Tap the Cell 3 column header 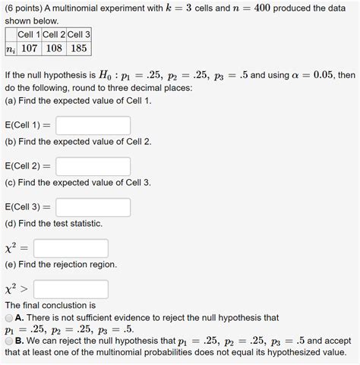pyautogui.click(x=78, y=33)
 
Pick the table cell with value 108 pyautogui.click(x=53, y=48)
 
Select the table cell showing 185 pyautogui.click(x=78, y=48)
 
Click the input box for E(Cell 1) pyautogui.click(x=93, y=125)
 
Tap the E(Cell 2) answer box pyautogui.click(x=93, y=166)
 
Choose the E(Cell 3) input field pyautogui.click(x=93, y=207)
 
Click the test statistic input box pyautogui.click(x=71, y=248)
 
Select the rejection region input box pyautogui.click(x=71, y=289)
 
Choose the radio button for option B pyautogui.click(x=8, y=341)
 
